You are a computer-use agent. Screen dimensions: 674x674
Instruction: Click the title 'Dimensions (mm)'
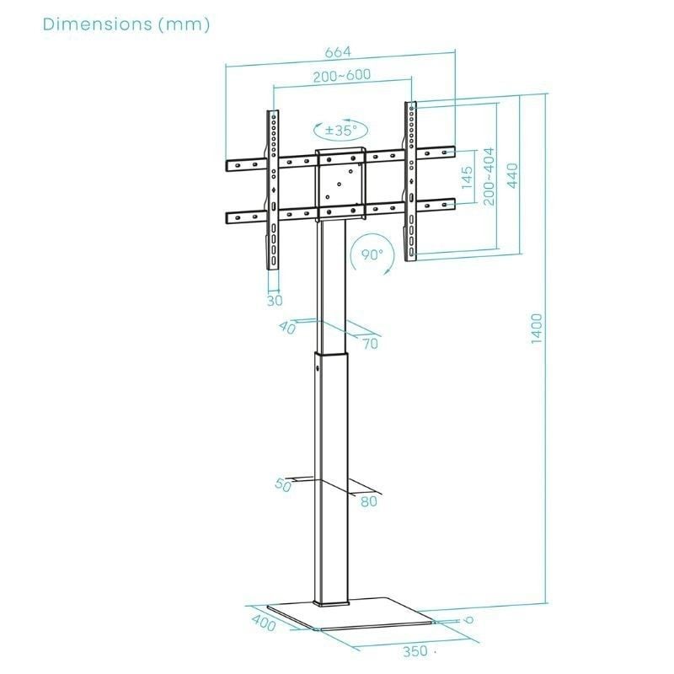[x=126, y=24]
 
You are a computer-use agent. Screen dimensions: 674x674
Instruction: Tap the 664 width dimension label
[x=338, y=52]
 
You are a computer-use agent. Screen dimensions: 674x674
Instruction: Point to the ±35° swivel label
[x=341, y=131]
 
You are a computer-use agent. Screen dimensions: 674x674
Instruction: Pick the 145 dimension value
[x=468, y=179]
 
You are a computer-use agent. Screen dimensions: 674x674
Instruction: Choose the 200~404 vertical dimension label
[x=489, y=176]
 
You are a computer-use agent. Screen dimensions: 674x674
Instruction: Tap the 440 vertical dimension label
[x=512, y=176]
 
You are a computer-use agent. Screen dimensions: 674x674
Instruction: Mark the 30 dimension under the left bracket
[x=275, y=299]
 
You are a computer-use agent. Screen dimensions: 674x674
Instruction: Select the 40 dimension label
[x=288, y=328]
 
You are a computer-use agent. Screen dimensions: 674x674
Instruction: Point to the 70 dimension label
[x=371, y=343]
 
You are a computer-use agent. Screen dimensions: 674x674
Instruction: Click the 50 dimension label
[x=283, y=485]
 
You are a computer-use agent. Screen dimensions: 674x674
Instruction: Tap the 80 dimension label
[x=368, y=501]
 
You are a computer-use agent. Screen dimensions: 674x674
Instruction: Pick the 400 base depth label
[x=264, y=626]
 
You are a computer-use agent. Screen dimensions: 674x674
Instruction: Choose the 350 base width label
[x=413, y=651]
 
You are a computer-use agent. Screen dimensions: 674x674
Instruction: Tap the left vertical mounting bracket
[x=273, y=190]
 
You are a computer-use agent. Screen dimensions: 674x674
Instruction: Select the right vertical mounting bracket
[x=410, y=181]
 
